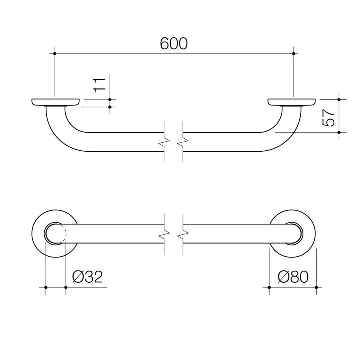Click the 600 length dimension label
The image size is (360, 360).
coord(174,43)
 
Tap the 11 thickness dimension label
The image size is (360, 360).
coord(99,85)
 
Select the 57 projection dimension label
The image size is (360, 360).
coord(328,118)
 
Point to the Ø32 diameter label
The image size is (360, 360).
coord(87,277)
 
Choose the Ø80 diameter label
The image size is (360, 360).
coord(293,277)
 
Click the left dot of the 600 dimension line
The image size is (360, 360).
coord(55,54)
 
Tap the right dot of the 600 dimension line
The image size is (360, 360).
coord(294,54)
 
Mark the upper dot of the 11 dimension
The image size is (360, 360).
coord(110,100)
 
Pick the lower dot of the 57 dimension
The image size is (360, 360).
coord(339,132)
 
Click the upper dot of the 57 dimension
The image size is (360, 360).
coord(339,100)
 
